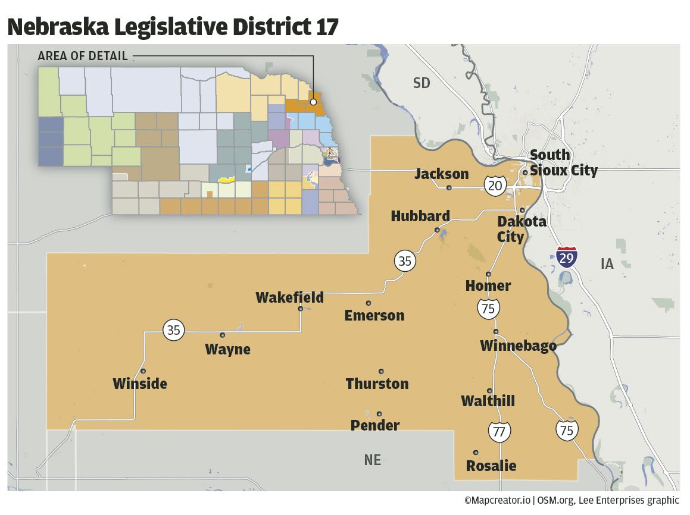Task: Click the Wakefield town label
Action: (x=289, y=297)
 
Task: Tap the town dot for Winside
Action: (x=143, y=371)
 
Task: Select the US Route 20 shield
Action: (x=495, y=186)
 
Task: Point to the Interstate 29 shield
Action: (x=567, y=257)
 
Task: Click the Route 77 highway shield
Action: (x=499, y=432)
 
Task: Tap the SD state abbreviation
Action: (x=422, y=83)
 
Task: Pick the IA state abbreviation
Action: (x=607, y=264)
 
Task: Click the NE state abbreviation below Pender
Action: (x=372, y=460)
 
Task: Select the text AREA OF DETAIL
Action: (x=83, y=56)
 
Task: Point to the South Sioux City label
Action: (x=563, y=163)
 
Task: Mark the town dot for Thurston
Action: (x=381, y=372)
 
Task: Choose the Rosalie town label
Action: (x=491, y=466)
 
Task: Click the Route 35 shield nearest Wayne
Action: (x=173, y=330)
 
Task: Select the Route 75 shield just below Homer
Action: (x=488, y=308)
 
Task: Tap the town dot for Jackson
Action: (x=449, y=188)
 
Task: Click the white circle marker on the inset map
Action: (x=313, y=102)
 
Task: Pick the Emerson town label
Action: (x=374, y=316)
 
